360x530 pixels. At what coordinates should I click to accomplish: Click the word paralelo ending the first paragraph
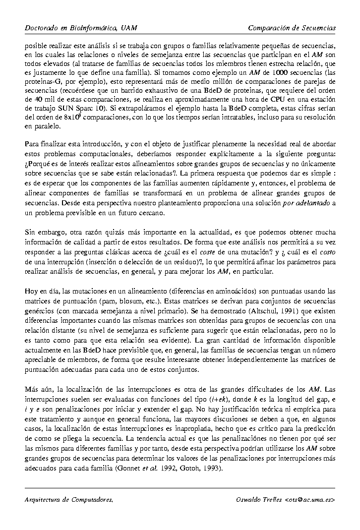coord(45,126)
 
